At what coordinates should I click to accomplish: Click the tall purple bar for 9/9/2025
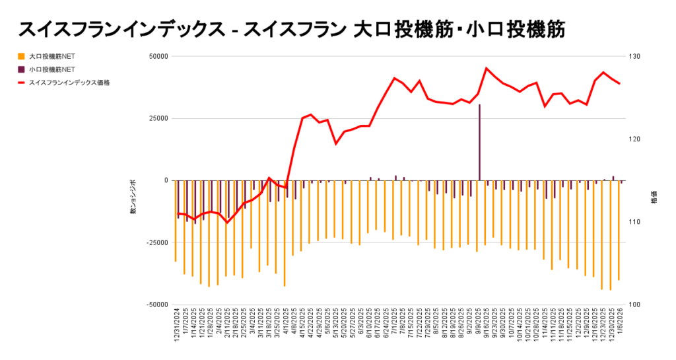pos(479,142)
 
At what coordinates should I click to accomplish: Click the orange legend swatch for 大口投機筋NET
pos(22,56)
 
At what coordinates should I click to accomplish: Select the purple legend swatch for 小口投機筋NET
pos(22,69)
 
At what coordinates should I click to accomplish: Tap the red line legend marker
pos(22,83)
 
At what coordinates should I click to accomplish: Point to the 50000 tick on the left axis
pos(157,56)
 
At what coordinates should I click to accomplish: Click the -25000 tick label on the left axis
pos(156,242)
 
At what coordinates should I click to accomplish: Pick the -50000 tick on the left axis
pos(156,305)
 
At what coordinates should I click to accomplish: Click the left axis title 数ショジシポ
pos(133,197)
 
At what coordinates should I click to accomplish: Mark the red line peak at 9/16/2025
pos(487,68)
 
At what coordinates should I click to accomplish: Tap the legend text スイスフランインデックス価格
pos(69,83)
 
